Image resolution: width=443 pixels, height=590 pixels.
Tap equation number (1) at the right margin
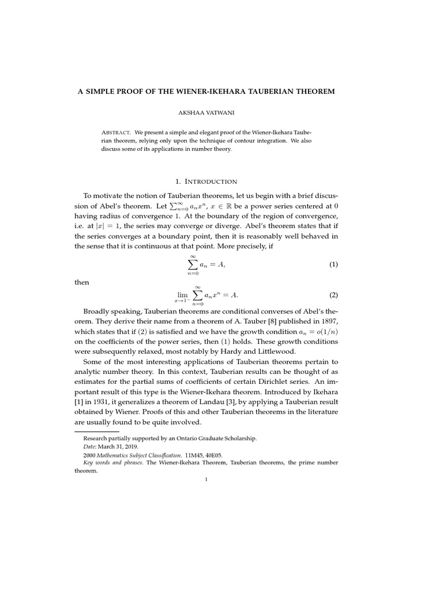click(333, 264)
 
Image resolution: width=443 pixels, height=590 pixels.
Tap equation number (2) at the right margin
click(333, 295)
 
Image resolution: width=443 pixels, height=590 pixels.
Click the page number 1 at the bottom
click(206, 479)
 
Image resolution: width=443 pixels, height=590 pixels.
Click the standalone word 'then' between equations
click(82, 282)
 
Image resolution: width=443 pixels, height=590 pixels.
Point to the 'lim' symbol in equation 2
click(183, 294)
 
